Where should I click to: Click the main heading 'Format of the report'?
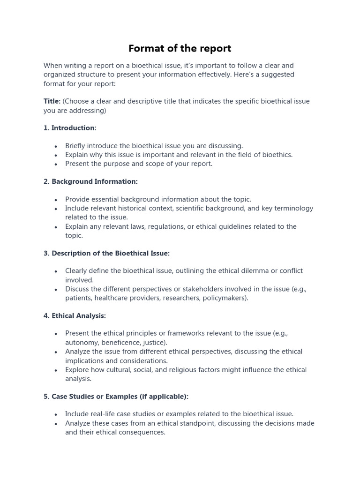coord(180,48)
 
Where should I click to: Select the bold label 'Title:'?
coord(52,101)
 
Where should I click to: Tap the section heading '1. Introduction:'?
coord(70,128)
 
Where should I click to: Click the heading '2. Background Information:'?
coord(90,181)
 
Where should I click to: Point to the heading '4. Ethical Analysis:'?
coord(75,316)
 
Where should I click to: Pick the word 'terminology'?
coord(293,208)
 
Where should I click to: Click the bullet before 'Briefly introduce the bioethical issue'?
coord(56,146)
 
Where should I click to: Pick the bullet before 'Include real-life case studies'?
coord(56,414)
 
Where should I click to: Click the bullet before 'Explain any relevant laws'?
coord(56,227)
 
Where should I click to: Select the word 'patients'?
coord(78,298)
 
